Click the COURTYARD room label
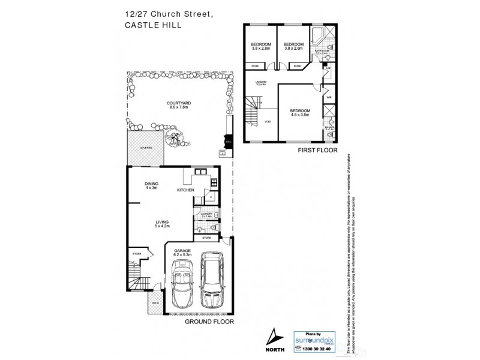click(x=178, y=105)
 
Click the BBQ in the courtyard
click(x=226, y=142)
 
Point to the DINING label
click(x=151, y=185)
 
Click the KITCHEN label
click(x=185, y=190)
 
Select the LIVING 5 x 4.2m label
click(x=162, y=224)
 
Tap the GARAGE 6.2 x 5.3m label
click(x=182, y=253)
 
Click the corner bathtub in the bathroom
click(x=317, y=35)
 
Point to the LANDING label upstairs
click(x=260, y=83)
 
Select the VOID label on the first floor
click(x=268, y=122)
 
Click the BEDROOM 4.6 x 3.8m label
click(x=300, y=112)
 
